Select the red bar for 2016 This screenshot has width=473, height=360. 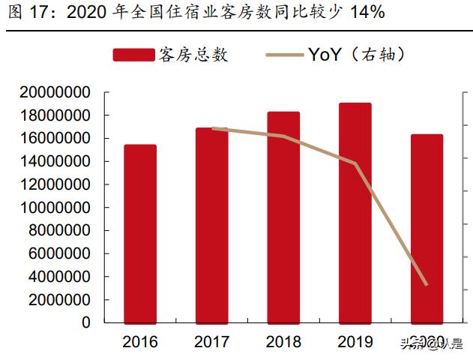click(x=140, y=233)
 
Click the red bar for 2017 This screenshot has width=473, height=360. click(x=212, y=225)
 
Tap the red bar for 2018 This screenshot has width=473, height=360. click(x=283, y=217)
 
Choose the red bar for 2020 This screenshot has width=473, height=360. click(x=427, y=228)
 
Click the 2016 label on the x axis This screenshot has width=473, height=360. click(x=140, y=342)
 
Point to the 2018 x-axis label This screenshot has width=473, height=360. click(x=283, y=342)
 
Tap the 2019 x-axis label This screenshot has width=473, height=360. click(x=355, y=342)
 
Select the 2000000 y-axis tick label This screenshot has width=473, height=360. click(x=61, y=299)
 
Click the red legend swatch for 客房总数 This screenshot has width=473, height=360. click(x=133, y=55)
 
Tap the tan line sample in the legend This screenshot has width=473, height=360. click(x=286, y=55)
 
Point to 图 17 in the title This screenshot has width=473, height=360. click(x=22, y=13)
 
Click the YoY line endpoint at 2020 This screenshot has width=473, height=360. click(x=427, y=284)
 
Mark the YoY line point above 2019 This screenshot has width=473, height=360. click(x=355, y=163)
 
